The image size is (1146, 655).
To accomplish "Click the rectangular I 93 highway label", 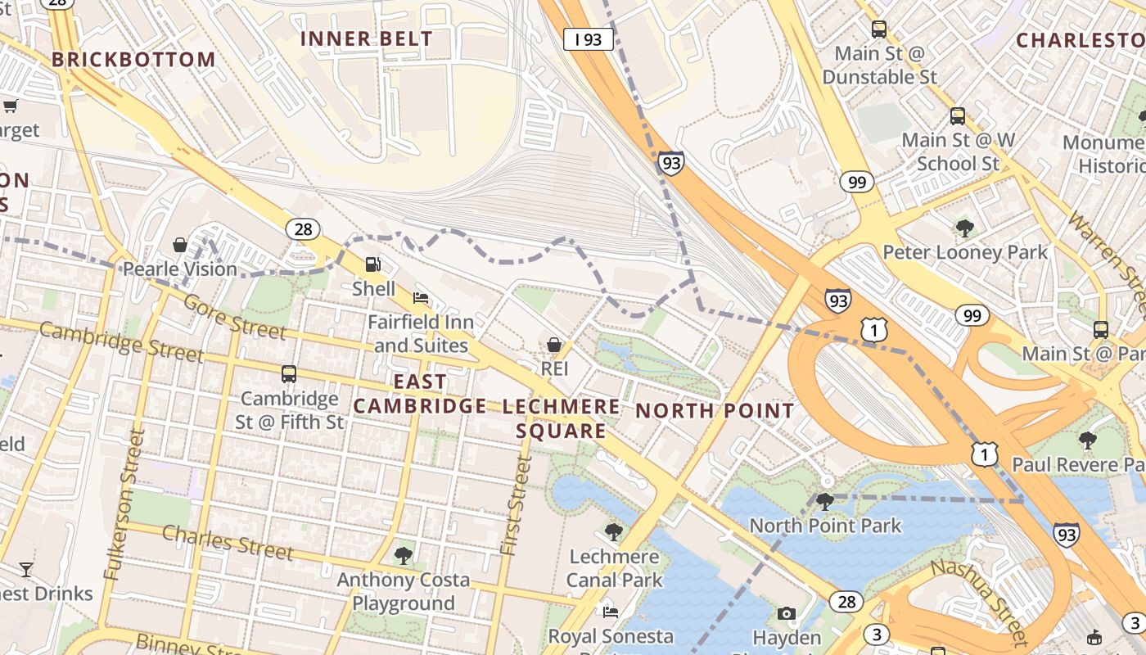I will click(x=588, y=38).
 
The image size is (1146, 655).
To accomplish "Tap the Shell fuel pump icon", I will click(x=373, y=264).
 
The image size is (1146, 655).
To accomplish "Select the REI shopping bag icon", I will click(x=554, y=345).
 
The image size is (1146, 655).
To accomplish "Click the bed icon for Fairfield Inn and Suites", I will click(x=421, y=297).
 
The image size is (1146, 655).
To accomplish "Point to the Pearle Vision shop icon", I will click(x=180, y=245).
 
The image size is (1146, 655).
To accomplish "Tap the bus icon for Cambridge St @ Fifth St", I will click(x=289, y=374).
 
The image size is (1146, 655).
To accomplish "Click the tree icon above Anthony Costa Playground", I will click(x=403, y=556).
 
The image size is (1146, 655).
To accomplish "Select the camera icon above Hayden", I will click(x=786, y=613).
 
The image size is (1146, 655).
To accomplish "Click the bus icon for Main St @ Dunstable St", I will click(x=879, y=29).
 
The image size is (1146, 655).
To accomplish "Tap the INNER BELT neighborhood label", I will click(x=366, y=38).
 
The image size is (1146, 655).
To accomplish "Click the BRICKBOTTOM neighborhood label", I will click(x=133, y=60).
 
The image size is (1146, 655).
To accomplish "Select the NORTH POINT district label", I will click(x=715, y=411).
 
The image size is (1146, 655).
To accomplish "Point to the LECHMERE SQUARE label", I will click(x=562, y=418).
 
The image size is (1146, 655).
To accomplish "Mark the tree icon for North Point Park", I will click(x=825, y=501).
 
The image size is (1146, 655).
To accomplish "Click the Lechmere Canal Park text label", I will click(x=614, y=568).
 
